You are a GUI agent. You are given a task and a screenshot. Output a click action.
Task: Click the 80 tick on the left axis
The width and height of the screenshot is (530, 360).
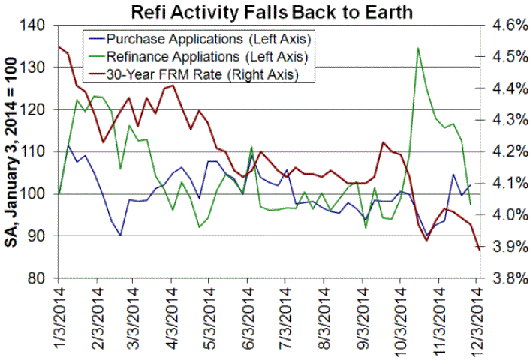pos(38,278)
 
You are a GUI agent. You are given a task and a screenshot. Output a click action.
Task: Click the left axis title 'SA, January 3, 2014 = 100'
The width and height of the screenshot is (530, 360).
pos(13,152)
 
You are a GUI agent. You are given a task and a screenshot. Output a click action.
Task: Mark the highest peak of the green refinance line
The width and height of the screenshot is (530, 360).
pos(417,48)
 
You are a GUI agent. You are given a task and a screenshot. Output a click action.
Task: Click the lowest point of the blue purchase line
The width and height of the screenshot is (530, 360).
pos(121,235)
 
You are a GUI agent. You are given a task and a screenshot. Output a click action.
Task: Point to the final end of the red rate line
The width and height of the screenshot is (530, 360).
pos(479,249)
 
